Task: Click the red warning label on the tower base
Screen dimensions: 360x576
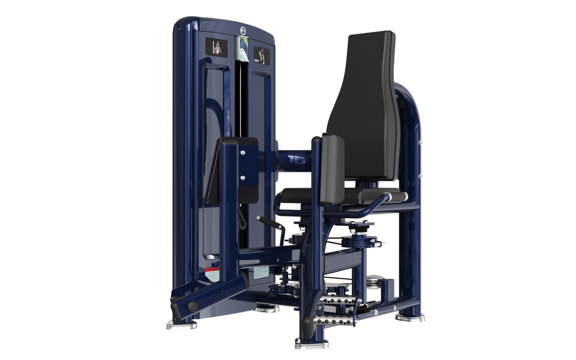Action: click(x=210, y=269)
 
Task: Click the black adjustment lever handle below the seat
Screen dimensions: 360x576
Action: click(x=266, y=221)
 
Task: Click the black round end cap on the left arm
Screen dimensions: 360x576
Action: click(x=192, y=307)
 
